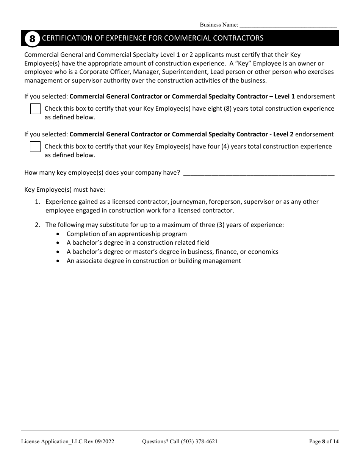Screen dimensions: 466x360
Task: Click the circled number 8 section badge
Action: coord(32,38)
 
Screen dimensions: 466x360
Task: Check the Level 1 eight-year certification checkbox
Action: coord(35,109)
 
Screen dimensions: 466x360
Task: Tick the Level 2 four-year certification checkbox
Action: coord(35,147)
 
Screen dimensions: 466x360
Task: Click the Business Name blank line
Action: coord(288,25)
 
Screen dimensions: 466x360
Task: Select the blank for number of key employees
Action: coord(258,173)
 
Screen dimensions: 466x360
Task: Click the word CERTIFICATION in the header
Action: coord(61,38)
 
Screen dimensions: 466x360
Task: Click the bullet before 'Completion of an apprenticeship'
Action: coord(58,234)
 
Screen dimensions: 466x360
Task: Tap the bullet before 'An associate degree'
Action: coord(58,261)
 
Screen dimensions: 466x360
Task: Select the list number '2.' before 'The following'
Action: coord(37,225)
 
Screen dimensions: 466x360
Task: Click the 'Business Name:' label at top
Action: coord(219,25)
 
